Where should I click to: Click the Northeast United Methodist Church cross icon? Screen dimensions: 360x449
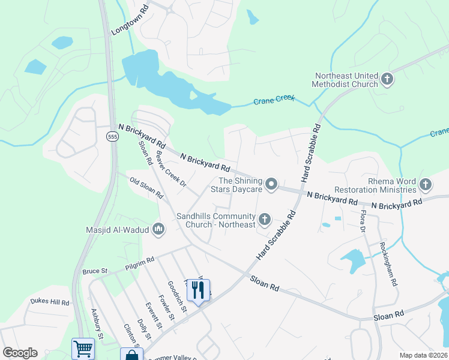(x=387, y=79)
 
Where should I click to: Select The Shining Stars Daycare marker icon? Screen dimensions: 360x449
(x=271, y=184)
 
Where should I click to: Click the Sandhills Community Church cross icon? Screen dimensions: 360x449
(x=264, y=220)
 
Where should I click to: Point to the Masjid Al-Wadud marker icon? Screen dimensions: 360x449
(x=158, y=228)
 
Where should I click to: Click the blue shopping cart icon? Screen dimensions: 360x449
(x=83, y=349)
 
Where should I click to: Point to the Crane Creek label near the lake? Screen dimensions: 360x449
(x=274, y=100)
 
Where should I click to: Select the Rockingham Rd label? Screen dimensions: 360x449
(x=388, y=263)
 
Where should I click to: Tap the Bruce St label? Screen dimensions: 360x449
(x=94, y=271)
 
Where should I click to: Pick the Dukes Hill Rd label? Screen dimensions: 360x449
(x=50, y=302)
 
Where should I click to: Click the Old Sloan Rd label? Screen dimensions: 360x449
(x=146, y=187)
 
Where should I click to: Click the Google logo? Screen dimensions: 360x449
(x=20, y=353)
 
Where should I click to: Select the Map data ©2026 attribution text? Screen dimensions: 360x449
(x=423, y=355)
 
